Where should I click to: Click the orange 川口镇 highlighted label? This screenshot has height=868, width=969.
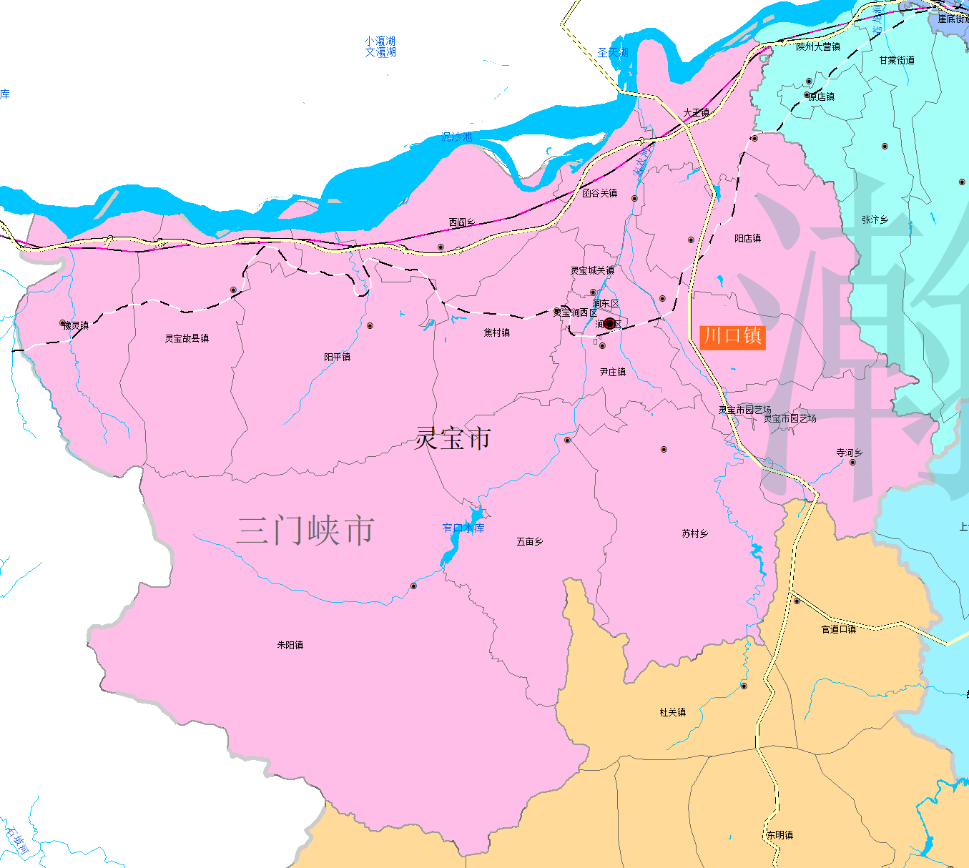(732, 336)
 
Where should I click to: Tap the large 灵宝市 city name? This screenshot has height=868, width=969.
(453, 438)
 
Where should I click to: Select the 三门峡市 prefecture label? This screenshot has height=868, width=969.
(305, 531)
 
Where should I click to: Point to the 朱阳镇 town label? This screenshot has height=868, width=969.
(290, 645)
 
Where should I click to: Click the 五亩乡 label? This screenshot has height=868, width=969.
(530, 542)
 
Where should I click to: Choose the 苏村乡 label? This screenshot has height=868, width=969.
(695, 533)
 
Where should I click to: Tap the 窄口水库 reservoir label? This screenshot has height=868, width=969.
(463, 528)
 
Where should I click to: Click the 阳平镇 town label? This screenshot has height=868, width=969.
(338, 357)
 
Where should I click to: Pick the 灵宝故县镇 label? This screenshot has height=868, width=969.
(187, 338)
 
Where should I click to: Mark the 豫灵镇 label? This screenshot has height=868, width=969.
(76, 325)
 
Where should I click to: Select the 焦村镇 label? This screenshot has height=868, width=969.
(497, 332)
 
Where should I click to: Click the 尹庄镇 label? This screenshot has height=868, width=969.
(613, 372)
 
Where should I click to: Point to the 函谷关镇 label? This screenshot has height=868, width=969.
(599, 193)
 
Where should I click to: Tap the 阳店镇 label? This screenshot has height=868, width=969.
(748, 238)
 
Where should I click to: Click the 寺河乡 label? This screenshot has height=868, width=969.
(850, 453)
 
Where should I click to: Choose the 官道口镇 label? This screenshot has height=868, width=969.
(839, 629)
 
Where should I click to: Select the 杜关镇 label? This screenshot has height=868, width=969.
(673, 712)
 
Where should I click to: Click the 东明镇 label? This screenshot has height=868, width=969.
(779, 835)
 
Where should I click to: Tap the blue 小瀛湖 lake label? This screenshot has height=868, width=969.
(380, 41)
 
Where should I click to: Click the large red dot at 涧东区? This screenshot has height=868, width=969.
(609, 324)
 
